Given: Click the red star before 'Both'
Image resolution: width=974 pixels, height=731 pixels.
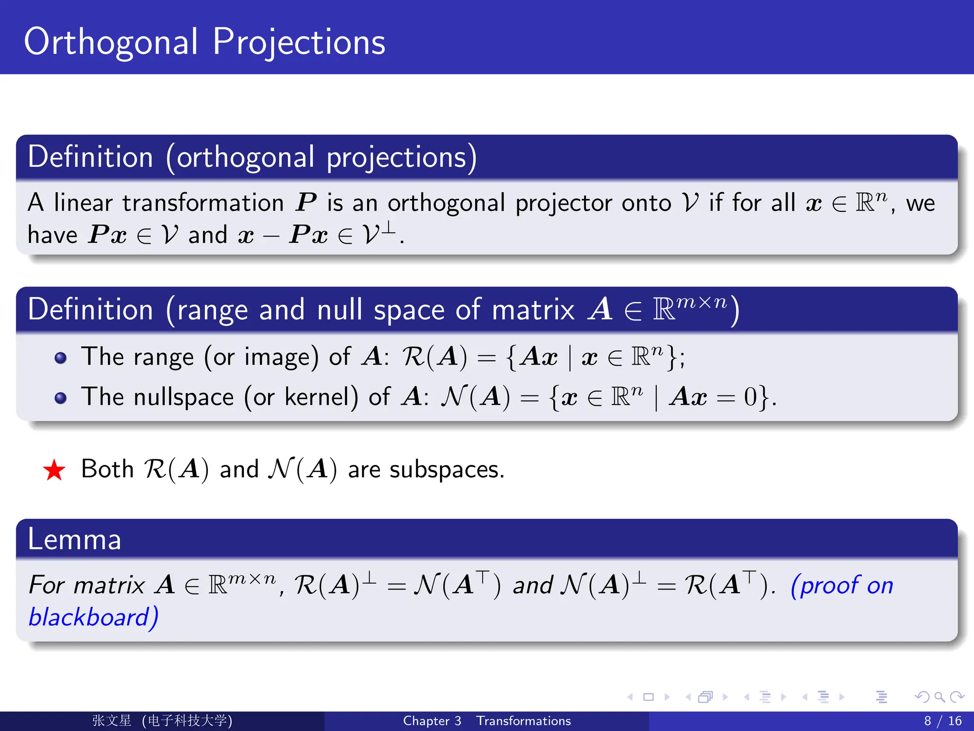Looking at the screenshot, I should click(54, 470).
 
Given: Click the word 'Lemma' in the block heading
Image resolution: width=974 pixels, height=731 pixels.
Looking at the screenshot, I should click(75, 540).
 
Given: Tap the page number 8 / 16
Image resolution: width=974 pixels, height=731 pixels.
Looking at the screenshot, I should click(942, 721).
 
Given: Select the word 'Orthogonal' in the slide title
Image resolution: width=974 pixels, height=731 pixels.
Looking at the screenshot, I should click(111, 42).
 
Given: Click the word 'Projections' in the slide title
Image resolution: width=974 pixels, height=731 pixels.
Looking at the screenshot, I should click(299, 42).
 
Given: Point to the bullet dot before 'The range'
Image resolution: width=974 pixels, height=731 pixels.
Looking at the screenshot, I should click(60, 358).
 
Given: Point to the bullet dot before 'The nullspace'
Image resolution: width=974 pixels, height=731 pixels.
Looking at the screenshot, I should click(60, 398).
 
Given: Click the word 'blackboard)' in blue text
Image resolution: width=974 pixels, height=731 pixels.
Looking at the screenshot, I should click(93, 617).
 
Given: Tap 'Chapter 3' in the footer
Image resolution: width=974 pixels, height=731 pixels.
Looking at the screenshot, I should click(432, 721).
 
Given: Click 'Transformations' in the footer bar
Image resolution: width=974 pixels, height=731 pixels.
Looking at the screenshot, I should click(523, 721).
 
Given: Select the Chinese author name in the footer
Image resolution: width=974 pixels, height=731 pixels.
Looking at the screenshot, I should click(112, 721).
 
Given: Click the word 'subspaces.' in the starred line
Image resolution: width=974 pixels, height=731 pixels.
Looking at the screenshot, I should click(447, 470).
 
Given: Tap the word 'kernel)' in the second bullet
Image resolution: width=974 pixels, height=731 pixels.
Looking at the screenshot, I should click(321, 397).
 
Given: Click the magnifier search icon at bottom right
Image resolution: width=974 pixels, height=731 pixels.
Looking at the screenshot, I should click(939, 697).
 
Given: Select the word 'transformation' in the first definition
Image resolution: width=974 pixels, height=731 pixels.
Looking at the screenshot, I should click(203, 203).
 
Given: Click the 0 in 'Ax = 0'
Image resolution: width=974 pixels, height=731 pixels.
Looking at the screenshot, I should click(750, 396).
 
